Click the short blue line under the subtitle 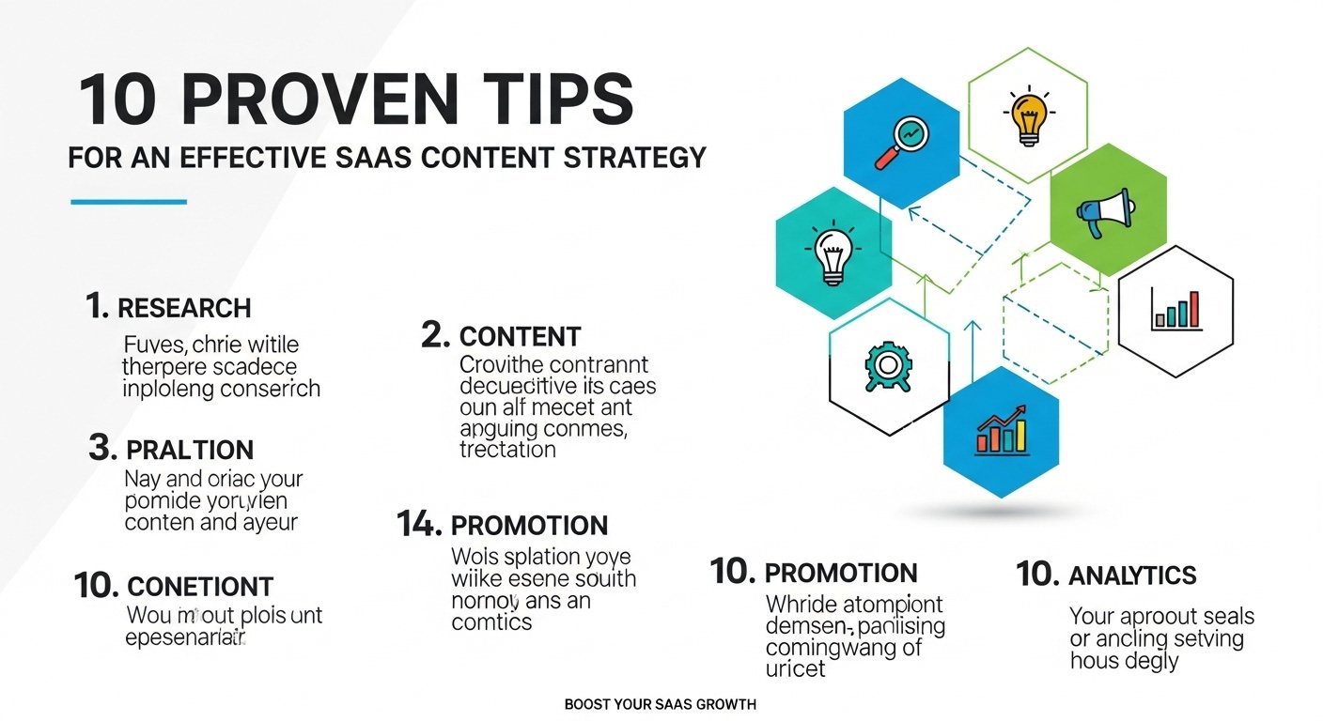129,201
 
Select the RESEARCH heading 184,308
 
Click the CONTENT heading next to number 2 520,336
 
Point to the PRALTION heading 191,450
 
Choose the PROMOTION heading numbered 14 529,526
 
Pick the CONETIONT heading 199,588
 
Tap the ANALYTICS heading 1132,575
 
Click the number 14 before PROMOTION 419,525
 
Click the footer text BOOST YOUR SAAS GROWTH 661,704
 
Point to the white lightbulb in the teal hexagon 833,255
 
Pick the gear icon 885,368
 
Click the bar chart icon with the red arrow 1003,432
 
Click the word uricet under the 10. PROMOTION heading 795,669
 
